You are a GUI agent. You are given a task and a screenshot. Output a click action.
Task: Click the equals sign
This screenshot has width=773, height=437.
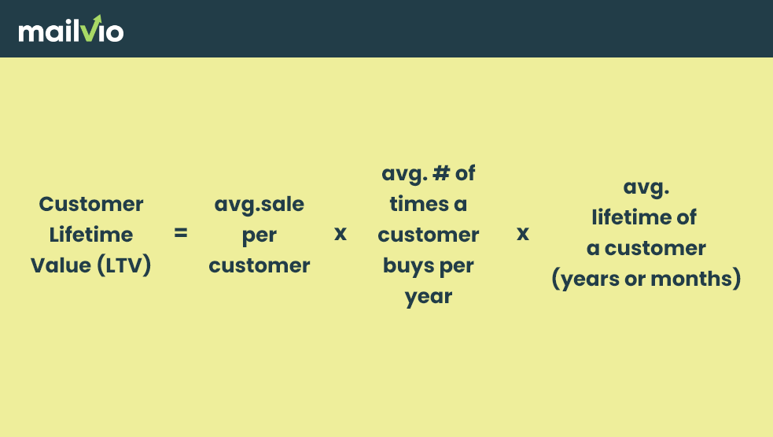pos(181,233)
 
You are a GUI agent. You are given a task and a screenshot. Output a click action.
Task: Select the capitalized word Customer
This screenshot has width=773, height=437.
pos(91,204)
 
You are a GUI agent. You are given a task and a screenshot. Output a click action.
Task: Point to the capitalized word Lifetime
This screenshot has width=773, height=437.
pos(91,235)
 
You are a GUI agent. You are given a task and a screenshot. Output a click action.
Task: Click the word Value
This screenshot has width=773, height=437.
pos(61,265)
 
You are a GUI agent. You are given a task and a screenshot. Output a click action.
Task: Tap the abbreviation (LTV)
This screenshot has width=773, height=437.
pos(123,265)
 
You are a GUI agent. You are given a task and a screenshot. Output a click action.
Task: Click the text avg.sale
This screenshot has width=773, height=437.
pos(260,205)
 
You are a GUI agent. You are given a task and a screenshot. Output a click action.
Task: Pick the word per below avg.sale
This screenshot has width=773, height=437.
pos(260,236)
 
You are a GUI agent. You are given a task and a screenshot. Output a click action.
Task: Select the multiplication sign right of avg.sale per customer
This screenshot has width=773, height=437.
pos(340,234)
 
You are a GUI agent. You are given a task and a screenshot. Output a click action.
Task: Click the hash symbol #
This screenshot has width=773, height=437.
pos(441,173)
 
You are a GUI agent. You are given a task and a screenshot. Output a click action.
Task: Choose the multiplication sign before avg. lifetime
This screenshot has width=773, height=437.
pos(523,234)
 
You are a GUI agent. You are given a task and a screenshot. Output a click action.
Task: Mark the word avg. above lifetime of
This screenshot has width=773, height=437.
pos(646,187)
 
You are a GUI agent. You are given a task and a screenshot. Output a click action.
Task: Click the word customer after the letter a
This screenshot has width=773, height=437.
pos(655,248)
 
